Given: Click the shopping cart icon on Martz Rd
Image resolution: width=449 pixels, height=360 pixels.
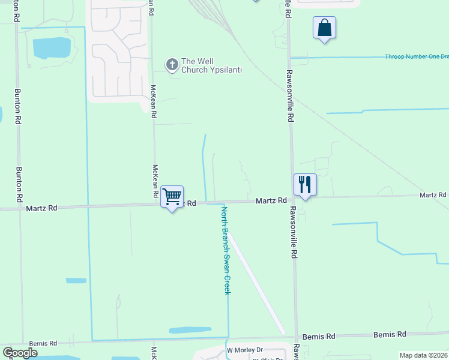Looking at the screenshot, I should pyautogui.click(x=172, y=196).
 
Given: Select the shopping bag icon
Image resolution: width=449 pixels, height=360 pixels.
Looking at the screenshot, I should pyautogui.click(x=324, y=28).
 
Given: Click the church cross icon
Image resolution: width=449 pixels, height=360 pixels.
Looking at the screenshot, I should pyautogui.click(x=172, y=65).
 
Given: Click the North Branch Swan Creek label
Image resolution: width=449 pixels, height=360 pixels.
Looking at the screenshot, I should pyautogui.click(x=226, y=250).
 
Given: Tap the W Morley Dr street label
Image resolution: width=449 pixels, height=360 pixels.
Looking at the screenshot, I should pyautogui.click(x=244, y=350).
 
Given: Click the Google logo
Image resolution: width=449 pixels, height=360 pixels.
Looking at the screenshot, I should pyautogui.click(x=20, y=353).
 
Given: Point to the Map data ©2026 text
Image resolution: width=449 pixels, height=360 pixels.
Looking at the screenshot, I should pyautogui.click(x=423, y=355).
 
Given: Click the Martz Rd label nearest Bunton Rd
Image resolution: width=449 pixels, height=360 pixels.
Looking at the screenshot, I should pyautogui.click(x=41, y=208).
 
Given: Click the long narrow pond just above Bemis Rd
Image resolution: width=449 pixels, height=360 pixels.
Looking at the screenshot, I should pyautogui.click(x=190, y=330).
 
